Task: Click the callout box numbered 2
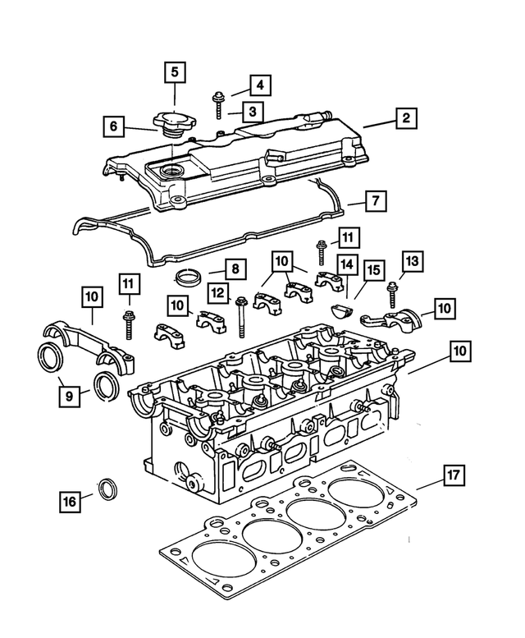tap(404, 118)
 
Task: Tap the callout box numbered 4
tap(258, 85)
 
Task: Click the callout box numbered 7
tap(374, 200)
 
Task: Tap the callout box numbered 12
tap(217, 291)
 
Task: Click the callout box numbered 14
tap(347, 264)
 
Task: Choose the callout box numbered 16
tap(70, 500)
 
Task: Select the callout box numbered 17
tap(452, 475)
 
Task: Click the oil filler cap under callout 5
tap(173, 125)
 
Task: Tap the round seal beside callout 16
tap(107, 490)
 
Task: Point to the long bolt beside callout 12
tap(240, 319)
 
